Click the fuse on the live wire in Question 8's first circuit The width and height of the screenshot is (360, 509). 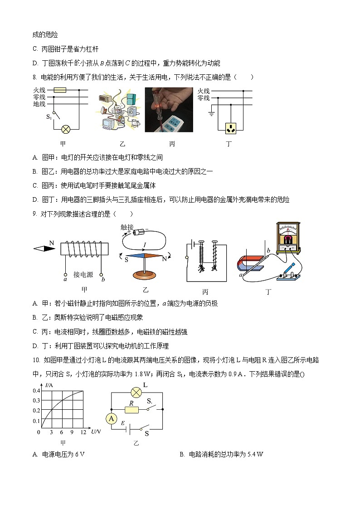tap(60, 90)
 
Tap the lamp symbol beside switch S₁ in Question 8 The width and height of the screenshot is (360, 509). tap(66, 129)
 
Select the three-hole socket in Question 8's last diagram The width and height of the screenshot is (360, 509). tap(232, 128)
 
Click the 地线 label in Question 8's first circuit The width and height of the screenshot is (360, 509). tap(39, 104)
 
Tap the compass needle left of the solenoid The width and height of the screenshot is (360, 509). tap(44, 248)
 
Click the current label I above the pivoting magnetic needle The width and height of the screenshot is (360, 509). tap(144, 245)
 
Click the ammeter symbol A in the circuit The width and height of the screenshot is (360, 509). tap(111, 419)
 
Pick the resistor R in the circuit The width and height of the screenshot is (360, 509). tap(131, 409)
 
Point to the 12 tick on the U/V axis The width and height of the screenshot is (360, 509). tap(83, 433)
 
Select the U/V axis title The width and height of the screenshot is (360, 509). tap(96, 432)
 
